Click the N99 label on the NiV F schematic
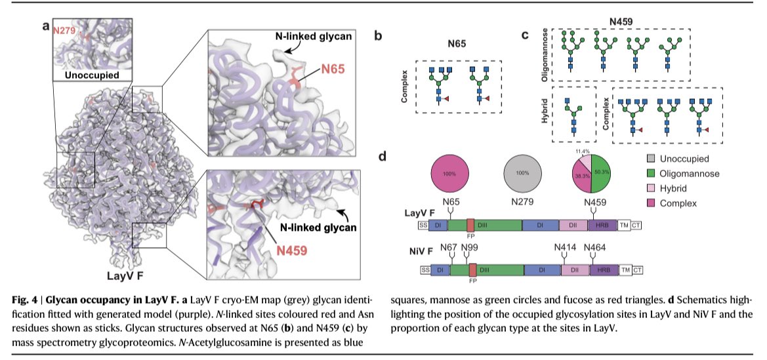(x=470, y=247)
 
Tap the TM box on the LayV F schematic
(x=623, y=225)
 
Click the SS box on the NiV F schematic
(x=424, y=270)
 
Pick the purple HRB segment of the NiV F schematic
(x=604, y=270)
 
